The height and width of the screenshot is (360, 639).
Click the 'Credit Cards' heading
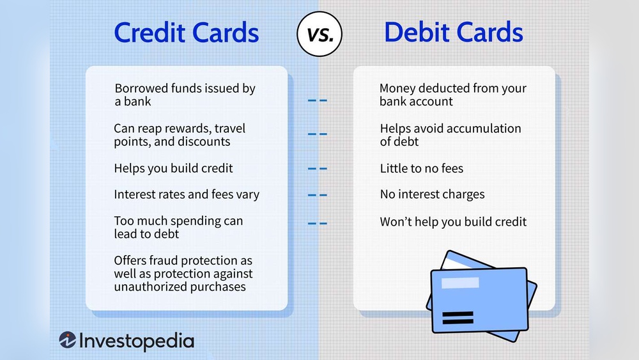click(x=186, y=32)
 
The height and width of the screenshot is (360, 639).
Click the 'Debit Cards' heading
click(x=454, y=32)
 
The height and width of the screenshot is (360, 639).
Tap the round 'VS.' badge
click(x=319, y=34)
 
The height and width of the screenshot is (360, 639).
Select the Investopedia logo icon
click(x=67, y=340)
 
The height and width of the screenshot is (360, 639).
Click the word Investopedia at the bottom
click(x=137, y=341)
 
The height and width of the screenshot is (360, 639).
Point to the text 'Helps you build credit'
click(x=173, y=168)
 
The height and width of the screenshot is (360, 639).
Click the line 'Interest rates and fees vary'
click(x=187, y=194)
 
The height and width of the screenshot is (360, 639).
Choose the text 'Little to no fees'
click(x=421, y=168)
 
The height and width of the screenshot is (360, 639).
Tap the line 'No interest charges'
click(x=432, y=194)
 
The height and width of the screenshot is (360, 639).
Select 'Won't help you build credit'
click(x=453, y=222)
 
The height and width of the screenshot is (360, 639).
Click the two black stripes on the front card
click(x=458, y=318)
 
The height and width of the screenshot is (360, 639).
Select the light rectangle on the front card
click(x=460, y=283)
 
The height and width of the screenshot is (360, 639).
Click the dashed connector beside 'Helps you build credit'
click(x=318, y=168)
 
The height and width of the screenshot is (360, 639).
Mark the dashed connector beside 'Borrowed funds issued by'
click(x=318, y=100)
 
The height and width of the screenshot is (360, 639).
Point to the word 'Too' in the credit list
click(x=124, y=221)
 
